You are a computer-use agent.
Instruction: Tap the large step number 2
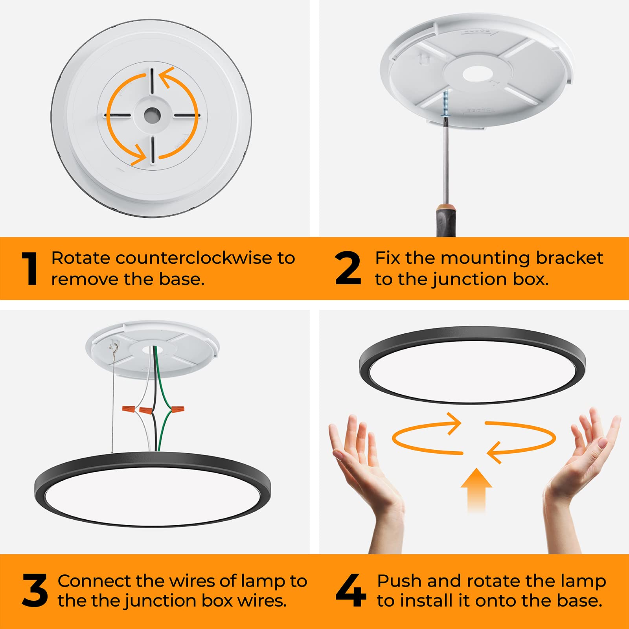point(348,269)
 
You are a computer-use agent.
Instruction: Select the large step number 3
point(35,590)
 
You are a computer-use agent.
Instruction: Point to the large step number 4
point(351,590)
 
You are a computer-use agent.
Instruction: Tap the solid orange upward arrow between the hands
point(476,489)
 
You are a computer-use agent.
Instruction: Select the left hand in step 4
point(364,472)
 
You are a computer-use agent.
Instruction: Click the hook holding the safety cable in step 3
point(114,346)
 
